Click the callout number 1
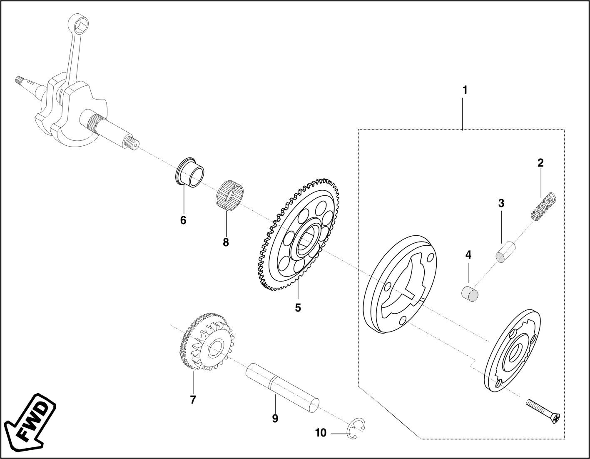465,90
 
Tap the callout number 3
501,203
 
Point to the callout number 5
298,308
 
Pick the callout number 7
193,400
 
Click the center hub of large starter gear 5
308,241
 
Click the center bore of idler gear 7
216,347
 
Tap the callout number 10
321,433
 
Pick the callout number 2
540,163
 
